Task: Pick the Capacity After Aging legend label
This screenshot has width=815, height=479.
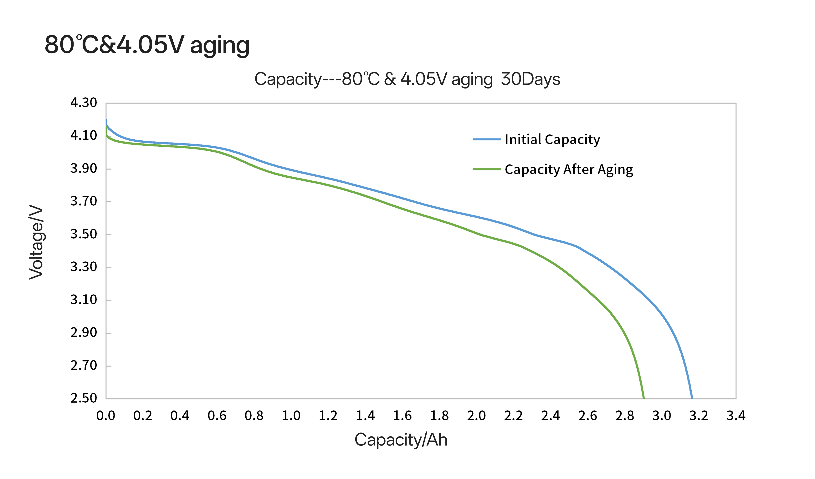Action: (569, 169)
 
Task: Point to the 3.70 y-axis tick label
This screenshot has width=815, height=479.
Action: (83, 201)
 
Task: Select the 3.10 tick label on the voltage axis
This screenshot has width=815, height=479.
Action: (83, 300)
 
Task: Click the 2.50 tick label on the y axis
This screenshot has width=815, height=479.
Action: (83, 398)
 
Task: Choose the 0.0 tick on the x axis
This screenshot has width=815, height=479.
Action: (106, 416)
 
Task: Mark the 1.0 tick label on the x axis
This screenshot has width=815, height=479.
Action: (291, 416)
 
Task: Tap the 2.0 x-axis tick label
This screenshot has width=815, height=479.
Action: (476, 416)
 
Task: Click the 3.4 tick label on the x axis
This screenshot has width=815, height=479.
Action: (736, 416)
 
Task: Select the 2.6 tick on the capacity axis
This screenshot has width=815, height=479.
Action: (588, 416)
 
